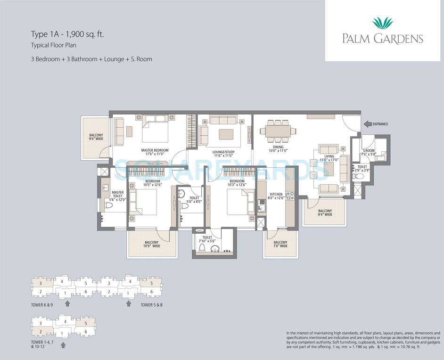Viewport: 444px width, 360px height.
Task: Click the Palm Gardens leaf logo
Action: pyautogui.click(x=382, y=23)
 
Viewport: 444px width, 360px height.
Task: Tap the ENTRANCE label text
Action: pyautogui.click(x=380, y=124)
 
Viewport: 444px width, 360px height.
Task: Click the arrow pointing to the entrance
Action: pyautogui.click(x=367, y=124)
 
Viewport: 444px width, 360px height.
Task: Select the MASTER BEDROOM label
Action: pyautogui.click(x=155, y=150)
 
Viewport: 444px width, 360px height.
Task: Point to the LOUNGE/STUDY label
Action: pyautogui.click(x=223, y=152)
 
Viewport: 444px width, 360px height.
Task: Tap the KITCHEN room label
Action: pyautogui.click(x=276, y=194)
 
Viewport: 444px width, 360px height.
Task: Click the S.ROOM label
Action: pyautogui.click(x=368, y=138)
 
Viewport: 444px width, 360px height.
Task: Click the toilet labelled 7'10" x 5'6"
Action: pyautogui.click(x=207, y=238)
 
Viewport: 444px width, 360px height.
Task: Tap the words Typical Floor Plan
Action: pyautogui.click(x=54, y=45)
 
